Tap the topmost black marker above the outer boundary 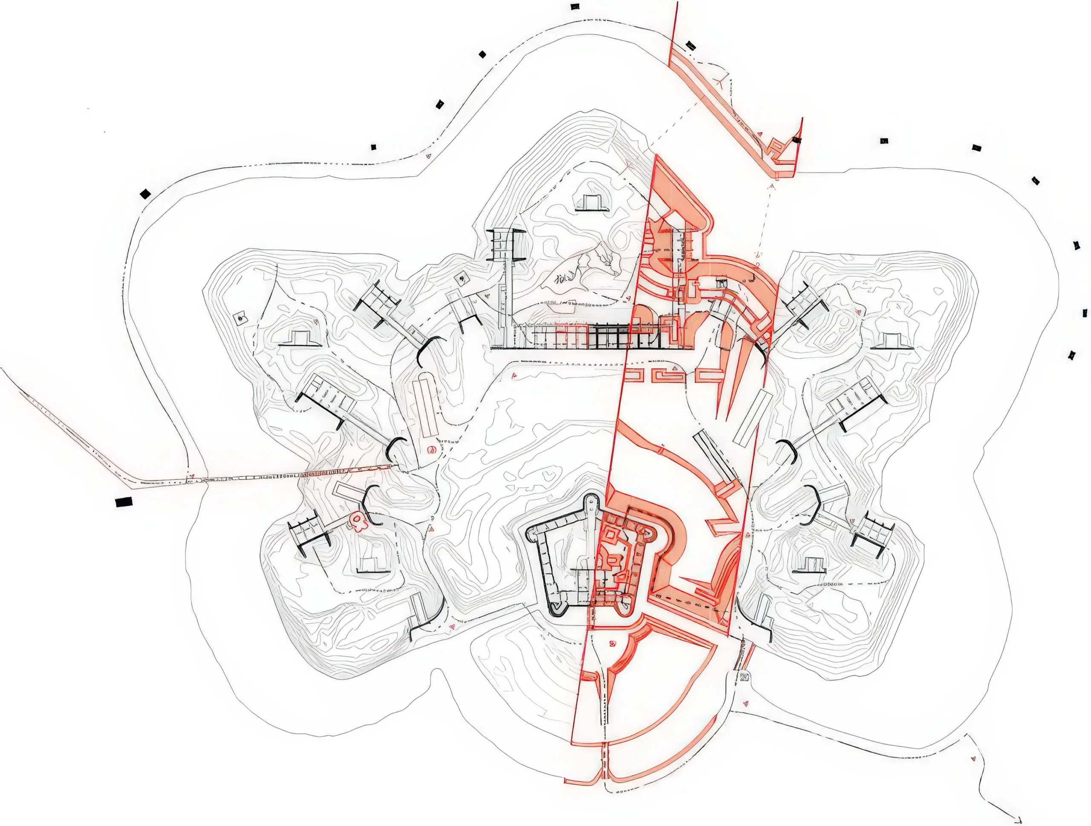(574, 7)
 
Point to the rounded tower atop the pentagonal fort (590, 503)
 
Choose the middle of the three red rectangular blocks (667, 375)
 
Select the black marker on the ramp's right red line (797, 140)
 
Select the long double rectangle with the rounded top (426, 405)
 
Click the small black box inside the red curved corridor (722, 284)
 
